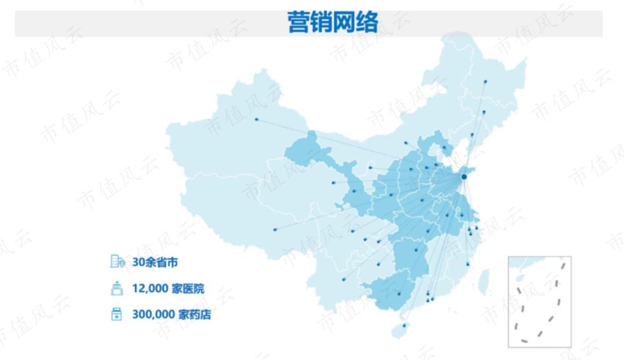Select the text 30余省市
tap(155, 262)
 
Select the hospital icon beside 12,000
tap(117, 288)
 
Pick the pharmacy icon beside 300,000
tap(117, 315)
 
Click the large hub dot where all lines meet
tap(464, 176)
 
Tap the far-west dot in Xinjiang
tap(257, 120)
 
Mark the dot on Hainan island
tap(404, 325)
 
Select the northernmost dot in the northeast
tap(485, 82)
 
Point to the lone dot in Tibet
tap(275, 229)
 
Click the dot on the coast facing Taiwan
tap(467, 264)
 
